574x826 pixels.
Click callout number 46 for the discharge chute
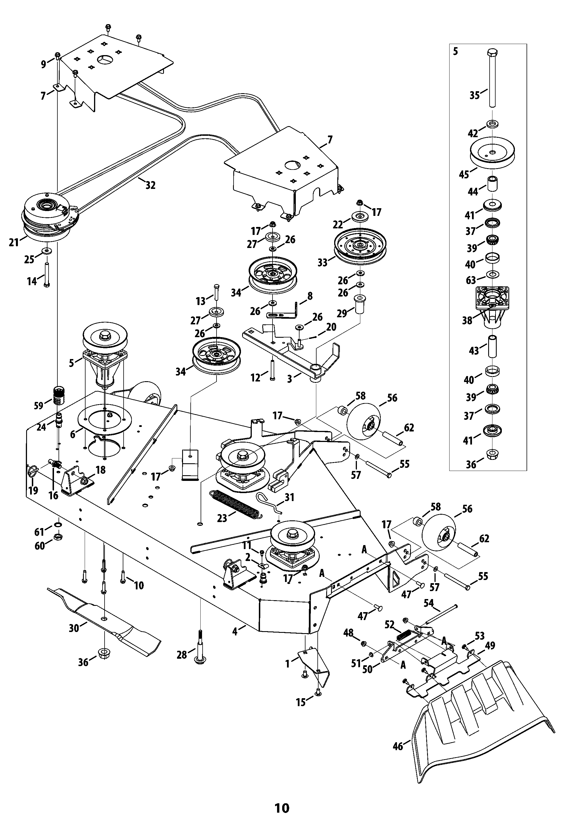click(x=398, y=746)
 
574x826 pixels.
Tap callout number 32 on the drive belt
click(x=150, y=185)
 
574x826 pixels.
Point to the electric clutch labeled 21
click(x=50, y=218)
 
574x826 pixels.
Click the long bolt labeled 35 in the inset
click(x=492, y=79)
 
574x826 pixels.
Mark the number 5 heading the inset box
click(x=456, y=51)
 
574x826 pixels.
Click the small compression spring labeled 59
click(x=58, y=395)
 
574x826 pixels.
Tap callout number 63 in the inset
click(x=470, y=280)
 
